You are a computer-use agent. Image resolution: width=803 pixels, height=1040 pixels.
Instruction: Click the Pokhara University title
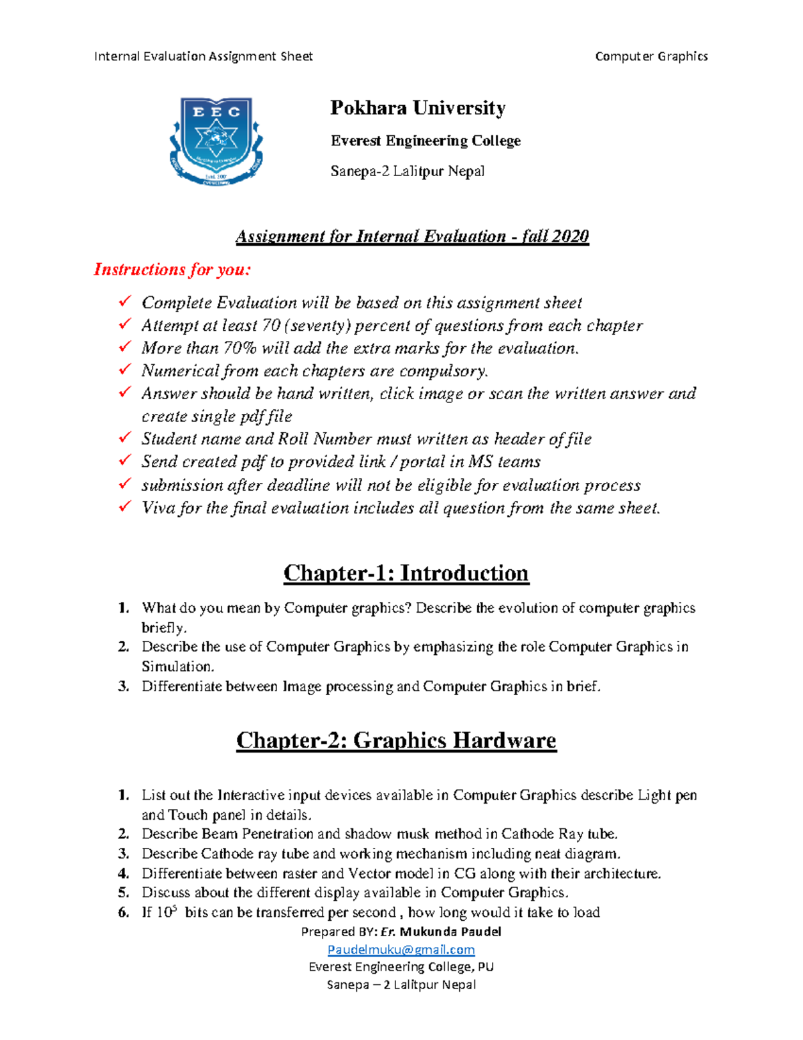pos(418,108)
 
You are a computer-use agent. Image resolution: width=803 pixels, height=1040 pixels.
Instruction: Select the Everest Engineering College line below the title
pos(426,141)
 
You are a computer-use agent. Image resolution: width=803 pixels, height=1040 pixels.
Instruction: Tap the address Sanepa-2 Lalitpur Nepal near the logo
pos(407,171)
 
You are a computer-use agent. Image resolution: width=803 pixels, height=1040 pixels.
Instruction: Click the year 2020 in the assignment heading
pos(571,236)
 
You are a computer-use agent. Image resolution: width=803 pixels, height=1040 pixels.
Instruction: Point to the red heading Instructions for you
pos(172,270)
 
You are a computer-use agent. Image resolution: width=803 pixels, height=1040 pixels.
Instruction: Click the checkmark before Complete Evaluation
pos(125,302)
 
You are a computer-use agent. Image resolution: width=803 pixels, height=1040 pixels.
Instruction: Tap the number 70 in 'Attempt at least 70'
pos(271,325)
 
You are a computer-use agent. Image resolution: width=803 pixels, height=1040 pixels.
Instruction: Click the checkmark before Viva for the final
pos(125,507)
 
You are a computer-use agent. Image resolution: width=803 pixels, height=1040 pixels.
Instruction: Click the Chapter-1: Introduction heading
pos(406,573)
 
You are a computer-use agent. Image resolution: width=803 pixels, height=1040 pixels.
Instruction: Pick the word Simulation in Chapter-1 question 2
pos(177,666)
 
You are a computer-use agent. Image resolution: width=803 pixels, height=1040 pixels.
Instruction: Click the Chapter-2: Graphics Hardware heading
pos(396,740)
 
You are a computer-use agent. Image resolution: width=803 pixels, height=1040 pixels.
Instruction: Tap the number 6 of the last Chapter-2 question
pos(122,913)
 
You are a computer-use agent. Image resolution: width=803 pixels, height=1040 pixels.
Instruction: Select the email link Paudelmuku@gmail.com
pos(401,950)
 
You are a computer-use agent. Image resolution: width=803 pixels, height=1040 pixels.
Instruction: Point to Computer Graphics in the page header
pos(651,56)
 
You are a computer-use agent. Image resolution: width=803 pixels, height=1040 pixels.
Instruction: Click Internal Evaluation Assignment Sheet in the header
pos(203,56)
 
